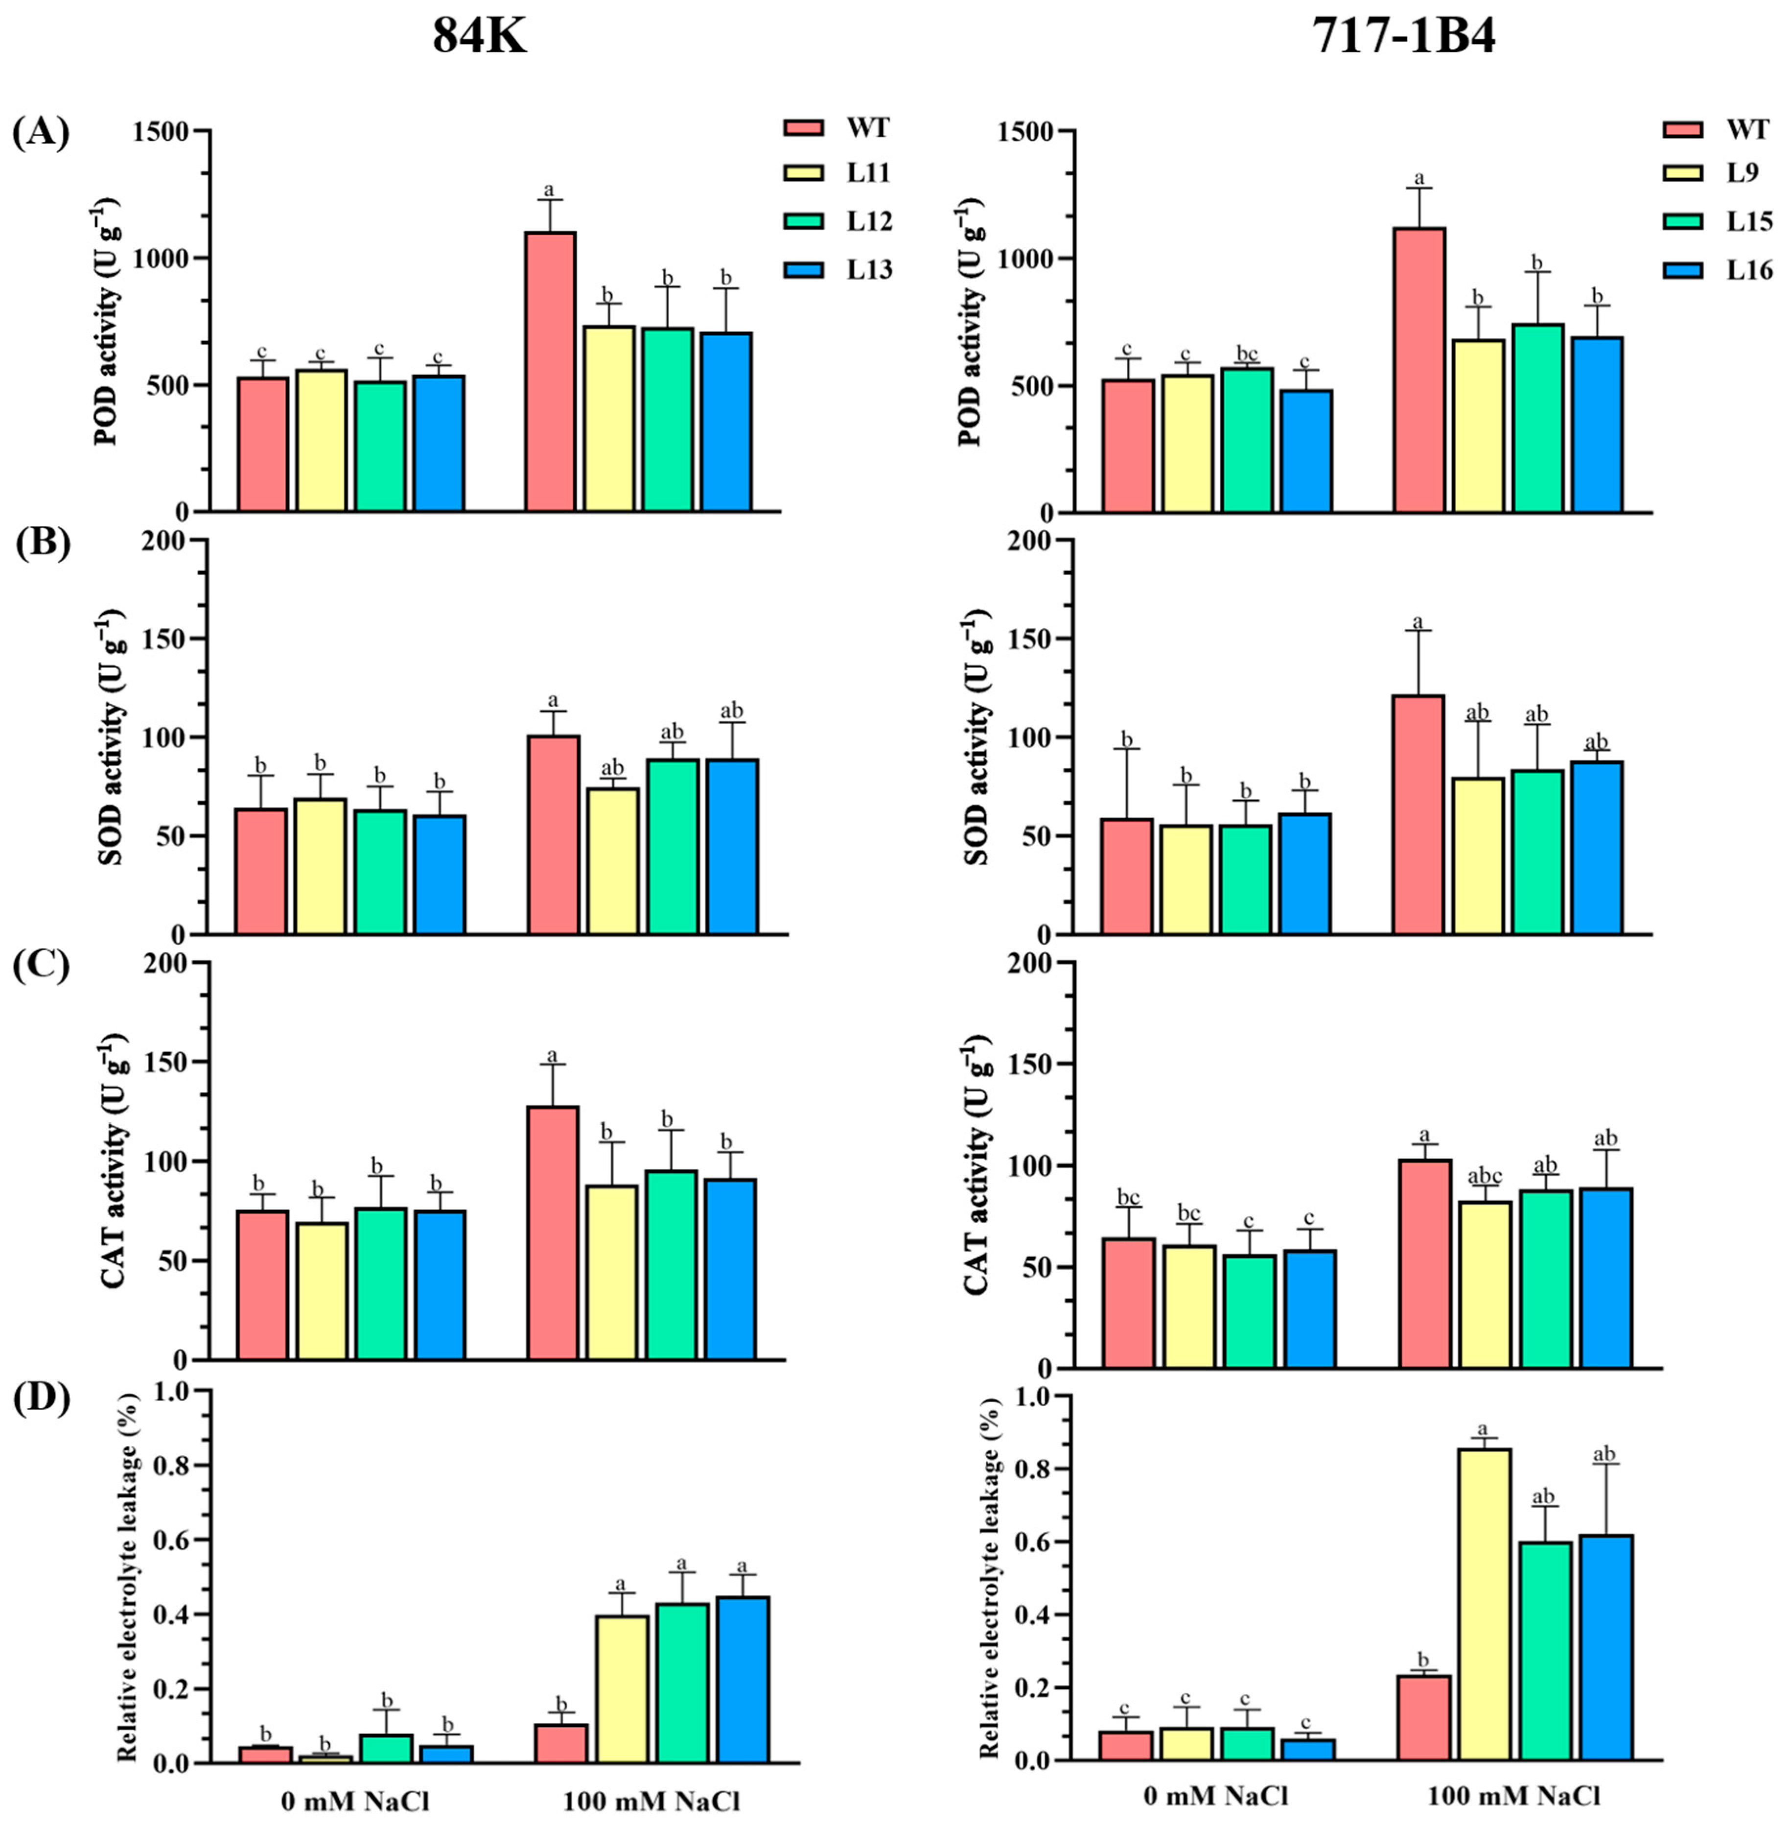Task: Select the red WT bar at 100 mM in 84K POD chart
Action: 550,371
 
